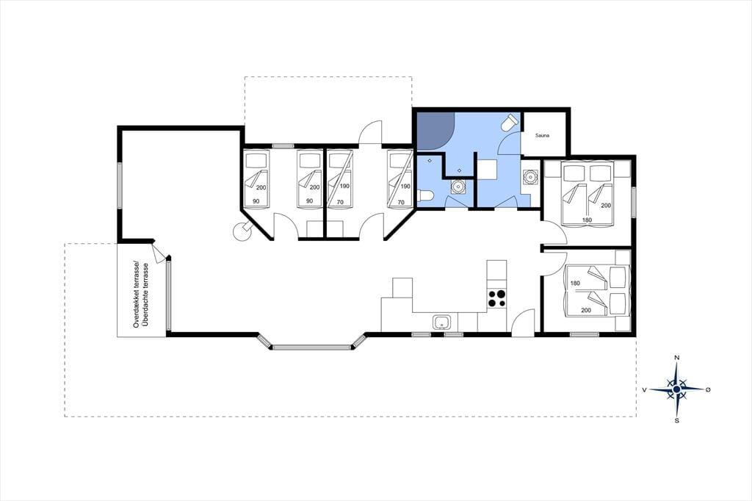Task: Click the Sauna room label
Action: coord(542,135)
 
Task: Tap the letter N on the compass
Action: coord(676,358)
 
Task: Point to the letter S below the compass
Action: coord(676,421)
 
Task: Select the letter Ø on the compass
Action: coord(708,389)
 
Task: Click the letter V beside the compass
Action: coord(645,389)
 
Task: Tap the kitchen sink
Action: coord(441,322)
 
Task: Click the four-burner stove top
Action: coord(496,298)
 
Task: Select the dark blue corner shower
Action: coord(433,130)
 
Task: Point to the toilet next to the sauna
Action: coord(510,123)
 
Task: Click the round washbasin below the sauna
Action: coord(530,177)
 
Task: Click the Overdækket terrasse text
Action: coord(136,294)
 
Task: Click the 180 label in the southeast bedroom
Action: coord(576,283)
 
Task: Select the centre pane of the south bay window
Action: coord(312,346)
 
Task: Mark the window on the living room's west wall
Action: coord(119,185)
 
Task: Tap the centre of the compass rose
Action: coord(676,389)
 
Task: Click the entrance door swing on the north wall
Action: coord(370,132)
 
